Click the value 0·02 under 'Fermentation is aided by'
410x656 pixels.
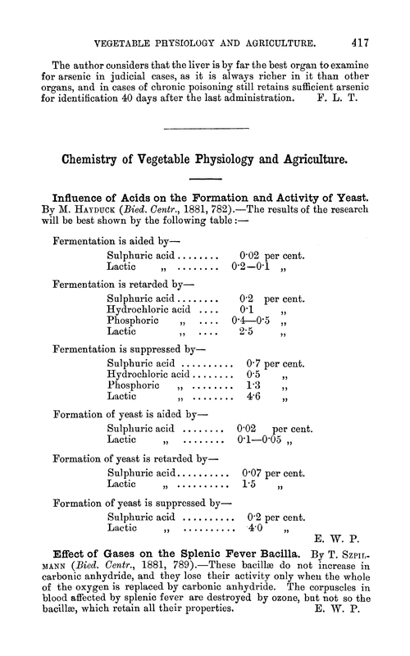(252, 256)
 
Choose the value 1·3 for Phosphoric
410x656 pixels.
(254, 385)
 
